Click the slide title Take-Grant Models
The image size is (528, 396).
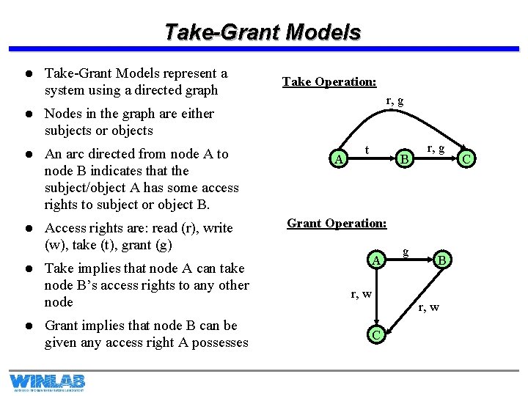tap(263, 32)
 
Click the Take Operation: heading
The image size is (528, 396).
tap(329, 81)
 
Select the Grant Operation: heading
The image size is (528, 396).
tap(337, 223)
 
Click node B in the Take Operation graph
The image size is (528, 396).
tap(402, 158)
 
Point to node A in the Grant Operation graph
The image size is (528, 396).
tap(375, 260)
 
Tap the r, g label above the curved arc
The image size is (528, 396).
tap(394, 100)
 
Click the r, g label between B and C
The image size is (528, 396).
tap(436, 148)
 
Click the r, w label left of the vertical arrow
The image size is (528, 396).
tap(361, 294)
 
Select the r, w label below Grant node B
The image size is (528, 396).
tap(429, 307)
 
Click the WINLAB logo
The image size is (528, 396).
tap(47, 382)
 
